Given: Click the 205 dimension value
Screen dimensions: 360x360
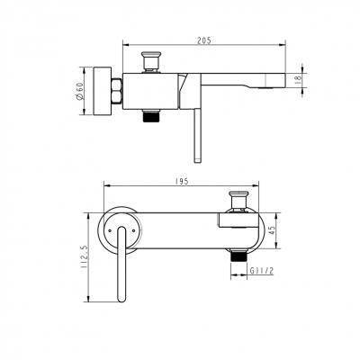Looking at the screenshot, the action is click(204, 40).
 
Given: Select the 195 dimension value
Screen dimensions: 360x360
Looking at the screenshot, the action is click(182, 181).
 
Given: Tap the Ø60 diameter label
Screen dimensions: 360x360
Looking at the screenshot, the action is click(80, 91).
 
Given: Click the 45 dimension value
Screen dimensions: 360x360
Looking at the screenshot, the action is click(272, 230).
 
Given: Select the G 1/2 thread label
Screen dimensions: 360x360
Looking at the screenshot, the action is click(262, 271).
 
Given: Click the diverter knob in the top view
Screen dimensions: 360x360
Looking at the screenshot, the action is click(151, 61).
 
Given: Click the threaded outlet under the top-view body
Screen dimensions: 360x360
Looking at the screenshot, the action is click(151, 116).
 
